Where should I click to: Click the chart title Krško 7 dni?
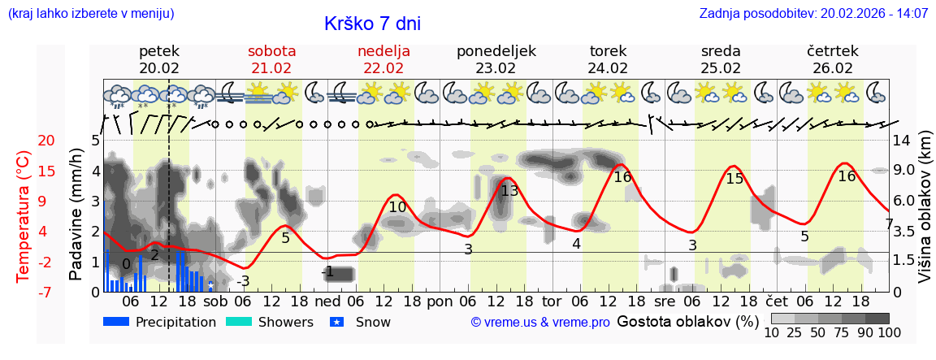point(372,24)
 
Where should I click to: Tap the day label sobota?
point(271,51)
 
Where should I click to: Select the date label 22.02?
point(383,68)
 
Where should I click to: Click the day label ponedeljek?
point(496,51)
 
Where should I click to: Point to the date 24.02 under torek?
point(608,68)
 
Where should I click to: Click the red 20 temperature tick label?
point(24,141)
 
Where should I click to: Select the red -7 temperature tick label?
point(24,292)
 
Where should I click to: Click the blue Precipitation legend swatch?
point(117,322)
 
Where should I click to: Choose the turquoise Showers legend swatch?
point(240,322)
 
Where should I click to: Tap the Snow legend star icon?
point(338,322)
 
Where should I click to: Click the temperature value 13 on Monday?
point(509,191)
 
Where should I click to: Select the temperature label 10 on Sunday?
point(397,207)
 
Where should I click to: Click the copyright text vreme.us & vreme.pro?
point(540,323)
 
